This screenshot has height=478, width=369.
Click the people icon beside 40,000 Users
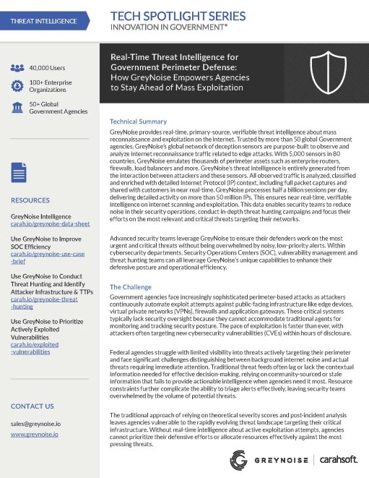click(19, 68)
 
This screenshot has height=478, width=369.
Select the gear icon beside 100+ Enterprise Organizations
click(19, 88)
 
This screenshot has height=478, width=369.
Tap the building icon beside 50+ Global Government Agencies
click(19, 108)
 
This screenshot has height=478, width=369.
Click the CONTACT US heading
click(32, 406)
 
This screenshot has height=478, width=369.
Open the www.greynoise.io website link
click(35, 435)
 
